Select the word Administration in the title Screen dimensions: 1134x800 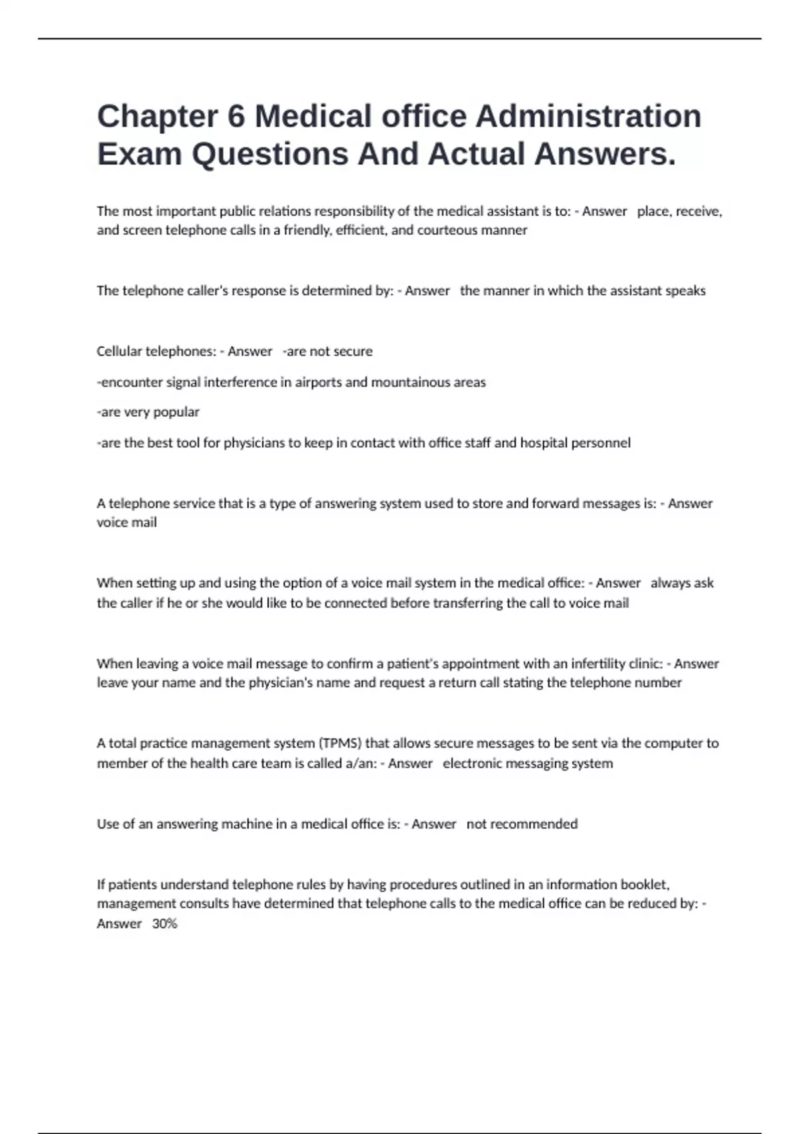click(x=588, y=117)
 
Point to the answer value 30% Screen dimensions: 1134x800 click(x=165, y=924)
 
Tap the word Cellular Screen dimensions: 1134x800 click(x=119, y=352)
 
